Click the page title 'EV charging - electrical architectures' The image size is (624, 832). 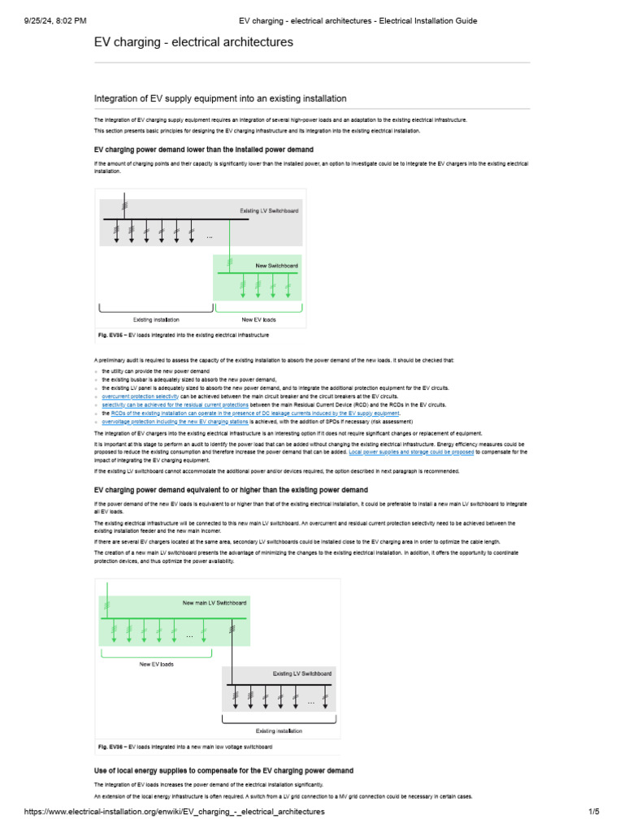point(193,41)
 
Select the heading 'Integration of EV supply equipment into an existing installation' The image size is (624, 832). point(220,98)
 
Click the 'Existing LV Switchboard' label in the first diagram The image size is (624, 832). point(269,210)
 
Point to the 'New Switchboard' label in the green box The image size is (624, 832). point(276,266)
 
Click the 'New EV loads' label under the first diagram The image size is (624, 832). point(258,319)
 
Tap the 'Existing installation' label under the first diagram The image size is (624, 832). point(156,319)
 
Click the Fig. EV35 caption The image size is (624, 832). point(183,335)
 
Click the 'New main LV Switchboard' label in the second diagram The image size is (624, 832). point(214,603)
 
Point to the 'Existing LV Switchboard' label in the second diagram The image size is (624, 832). point(301,674)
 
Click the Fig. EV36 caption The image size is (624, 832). point(184,746)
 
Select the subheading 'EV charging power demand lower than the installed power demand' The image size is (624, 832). point(204,150)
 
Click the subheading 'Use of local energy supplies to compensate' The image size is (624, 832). point(223,770)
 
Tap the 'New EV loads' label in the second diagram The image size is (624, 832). point(157,664)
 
